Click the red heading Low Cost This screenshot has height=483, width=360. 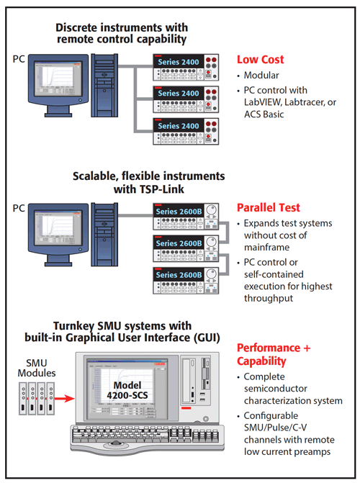pos(260,60)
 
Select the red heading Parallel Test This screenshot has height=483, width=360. pos(268,207)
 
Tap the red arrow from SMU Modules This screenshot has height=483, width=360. pos(65,399)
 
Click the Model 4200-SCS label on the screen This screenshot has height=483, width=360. pos(127,390)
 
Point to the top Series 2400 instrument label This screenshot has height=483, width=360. pos(179,62)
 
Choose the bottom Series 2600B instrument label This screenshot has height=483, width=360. pos(179,275)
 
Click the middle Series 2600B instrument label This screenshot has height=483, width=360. pos(179,243)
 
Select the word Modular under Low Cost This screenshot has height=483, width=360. pos(261,75)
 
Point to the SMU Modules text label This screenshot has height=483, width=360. pos(37,368)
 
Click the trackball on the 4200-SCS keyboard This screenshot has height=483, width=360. pos(116,443)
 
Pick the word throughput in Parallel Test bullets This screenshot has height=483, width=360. pos(269,299)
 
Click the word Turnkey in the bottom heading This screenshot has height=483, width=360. pos(73,326)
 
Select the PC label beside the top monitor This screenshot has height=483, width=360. pos(19,59)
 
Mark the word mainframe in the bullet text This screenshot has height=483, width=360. pos(267,248)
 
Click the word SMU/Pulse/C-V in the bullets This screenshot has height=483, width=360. pos(275,428)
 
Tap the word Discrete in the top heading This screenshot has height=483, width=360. pos(76,28)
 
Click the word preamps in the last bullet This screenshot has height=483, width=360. pos(312,452)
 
